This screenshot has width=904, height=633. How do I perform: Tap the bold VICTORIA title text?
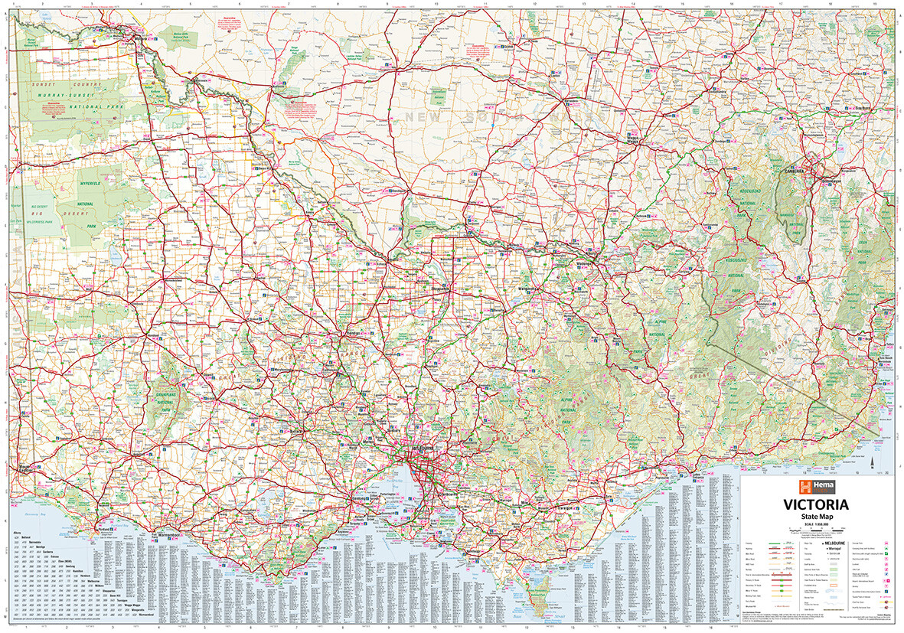pyautogui.click(x=814, y=504)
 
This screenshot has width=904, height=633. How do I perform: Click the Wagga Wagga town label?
pyautogui.click(x=632, y=139)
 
